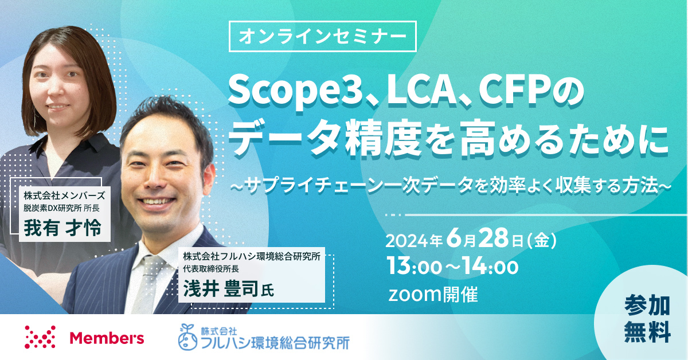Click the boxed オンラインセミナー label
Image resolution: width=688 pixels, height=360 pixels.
(x=322, y=36)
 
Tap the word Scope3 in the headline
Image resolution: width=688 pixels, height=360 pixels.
(x=294, y=92)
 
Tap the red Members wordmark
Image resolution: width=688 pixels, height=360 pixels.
(x=107, y=338)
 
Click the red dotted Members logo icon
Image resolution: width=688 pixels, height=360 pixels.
(x=40, y=337)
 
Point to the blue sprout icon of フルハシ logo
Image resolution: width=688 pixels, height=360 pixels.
(x=187, y=337)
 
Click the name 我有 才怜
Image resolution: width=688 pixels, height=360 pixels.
(x=62, y=228)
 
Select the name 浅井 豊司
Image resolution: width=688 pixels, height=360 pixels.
(x=221, y=289)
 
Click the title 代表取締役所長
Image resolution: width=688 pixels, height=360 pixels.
(x=211, y=269)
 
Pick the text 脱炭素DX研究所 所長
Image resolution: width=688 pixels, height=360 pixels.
(x=61, y=208)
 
